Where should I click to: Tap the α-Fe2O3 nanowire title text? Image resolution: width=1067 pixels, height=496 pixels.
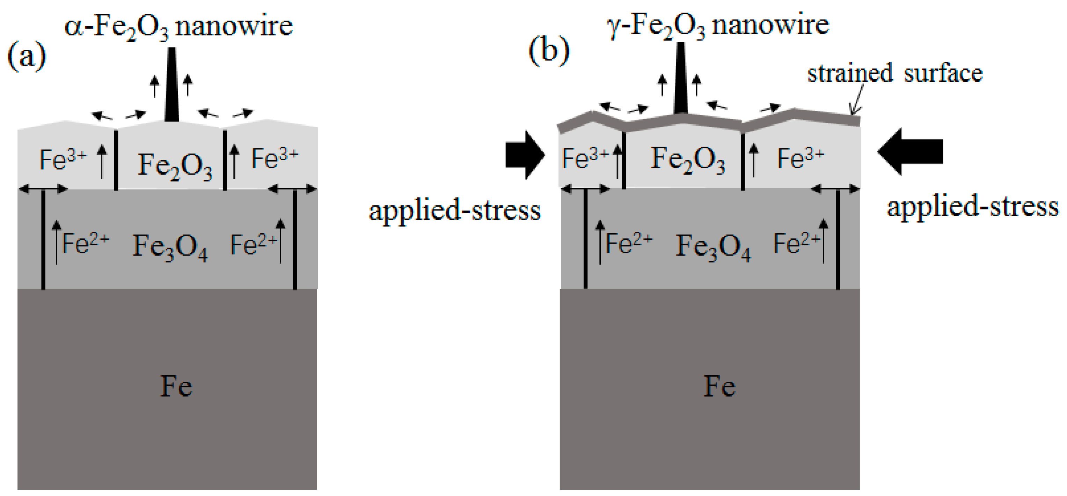[x=178, y=27]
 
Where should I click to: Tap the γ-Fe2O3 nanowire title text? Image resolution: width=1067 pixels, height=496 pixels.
[x=717, y=26]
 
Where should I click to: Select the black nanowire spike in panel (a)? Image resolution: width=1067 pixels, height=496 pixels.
[x=171, y=85]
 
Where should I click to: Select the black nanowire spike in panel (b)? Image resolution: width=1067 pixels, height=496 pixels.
[x=681, y=79]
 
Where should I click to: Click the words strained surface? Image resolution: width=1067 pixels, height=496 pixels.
[x=895, y=74]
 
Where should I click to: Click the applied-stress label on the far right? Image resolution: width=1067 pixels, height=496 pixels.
[x=972, y=207]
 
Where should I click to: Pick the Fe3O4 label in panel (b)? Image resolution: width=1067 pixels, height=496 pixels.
[x=713, y=247]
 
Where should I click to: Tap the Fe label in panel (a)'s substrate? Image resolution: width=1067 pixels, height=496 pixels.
[x=176, y=387]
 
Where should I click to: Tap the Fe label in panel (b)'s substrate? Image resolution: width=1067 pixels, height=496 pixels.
[x=719, y=387]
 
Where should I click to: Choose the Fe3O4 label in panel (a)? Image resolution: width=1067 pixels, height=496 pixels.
[x=170, y=247]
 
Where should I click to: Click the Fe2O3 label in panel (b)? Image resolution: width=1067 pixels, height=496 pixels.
[x=688, y=160]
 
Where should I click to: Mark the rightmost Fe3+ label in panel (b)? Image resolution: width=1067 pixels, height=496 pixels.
[x=801, y=158]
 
